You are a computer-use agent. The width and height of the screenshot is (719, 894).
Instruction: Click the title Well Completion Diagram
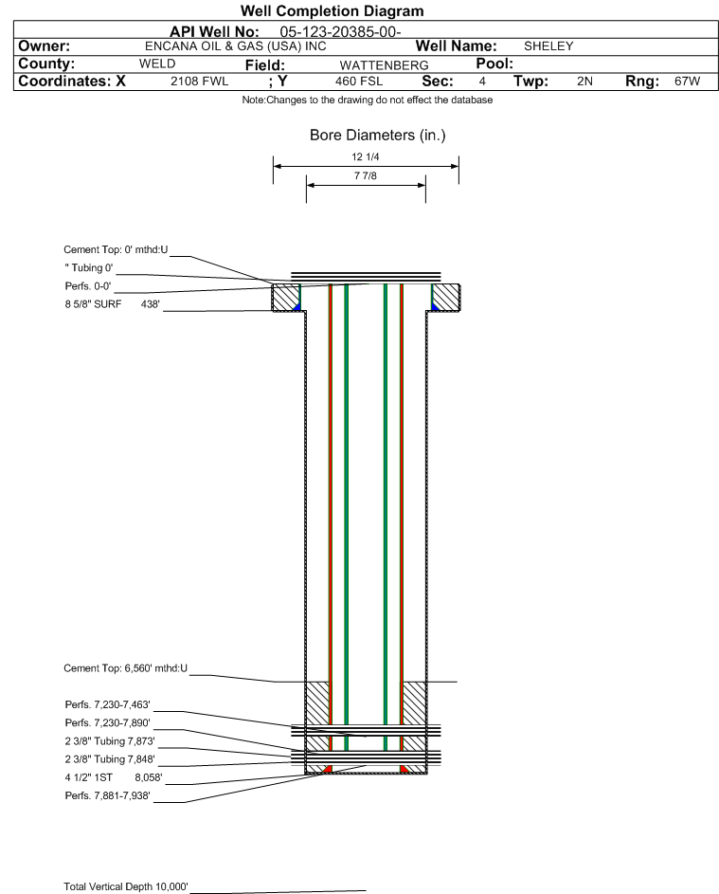click(332, 11)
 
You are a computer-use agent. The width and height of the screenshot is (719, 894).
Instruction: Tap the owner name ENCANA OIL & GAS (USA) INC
click(236, 46)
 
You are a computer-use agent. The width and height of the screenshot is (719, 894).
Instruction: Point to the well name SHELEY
click(548, 46)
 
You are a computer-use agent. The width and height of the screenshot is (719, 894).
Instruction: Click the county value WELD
click(157, 64)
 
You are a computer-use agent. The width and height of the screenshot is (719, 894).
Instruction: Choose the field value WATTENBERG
click(384, 64)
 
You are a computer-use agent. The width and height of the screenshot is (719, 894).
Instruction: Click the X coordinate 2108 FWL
click(199, 82)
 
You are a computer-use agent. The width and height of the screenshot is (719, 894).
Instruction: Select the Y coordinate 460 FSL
click(358, 82)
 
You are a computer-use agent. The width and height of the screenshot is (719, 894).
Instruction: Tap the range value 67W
click(687, 82)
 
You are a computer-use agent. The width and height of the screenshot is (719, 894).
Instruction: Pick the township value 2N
click(584, 82)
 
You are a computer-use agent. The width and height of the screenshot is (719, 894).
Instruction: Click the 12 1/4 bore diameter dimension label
click(366, 156)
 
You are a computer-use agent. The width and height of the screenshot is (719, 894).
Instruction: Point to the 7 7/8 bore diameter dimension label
click(366, 176)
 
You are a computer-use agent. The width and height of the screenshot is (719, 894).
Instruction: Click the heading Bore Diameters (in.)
click(377, 136)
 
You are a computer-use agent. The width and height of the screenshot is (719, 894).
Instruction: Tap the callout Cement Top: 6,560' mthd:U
click(126, 668)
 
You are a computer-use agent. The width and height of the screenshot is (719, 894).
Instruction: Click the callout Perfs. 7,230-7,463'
click(107, 705)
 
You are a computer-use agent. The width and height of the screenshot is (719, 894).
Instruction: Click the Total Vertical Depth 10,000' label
click(126, 886)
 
